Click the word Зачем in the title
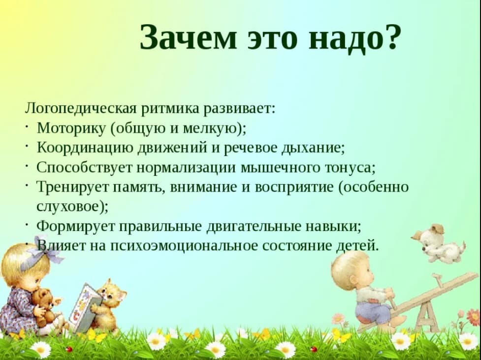(188, 37)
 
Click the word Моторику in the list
(71, 128)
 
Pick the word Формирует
(76, 227)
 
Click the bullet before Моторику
(27, 126)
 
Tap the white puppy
(438, 243)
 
